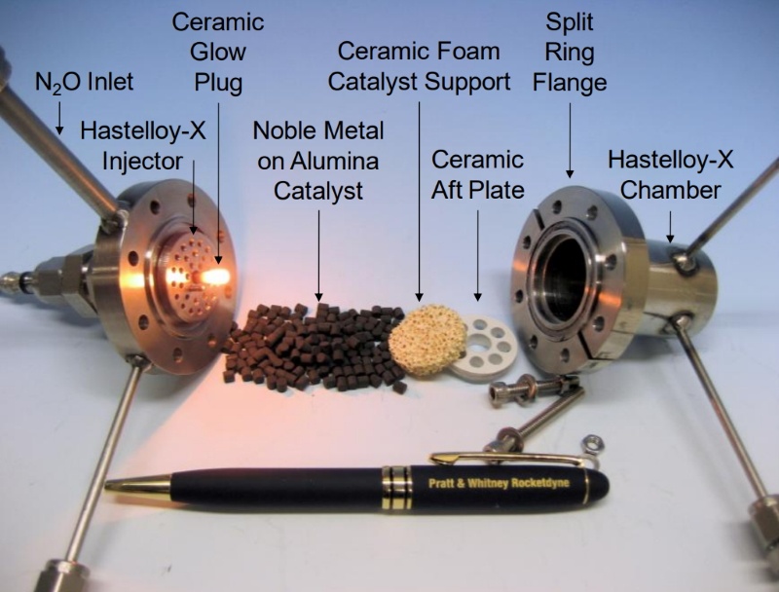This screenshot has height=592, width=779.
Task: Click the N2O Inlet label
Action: [84, 82]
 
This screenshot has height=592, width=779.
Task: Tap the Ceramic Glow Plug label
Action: [218, 53]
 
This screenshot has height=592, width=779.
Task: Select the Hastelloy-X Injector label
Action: [142, 146]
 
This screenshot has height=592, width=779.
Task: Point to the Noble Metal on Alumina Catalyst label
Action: [318, 161]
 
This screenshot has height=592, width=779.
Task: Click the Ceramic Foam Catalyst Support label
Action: [419, 66]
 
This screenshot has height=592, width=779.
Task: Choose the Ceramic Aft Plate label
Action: [477, 175]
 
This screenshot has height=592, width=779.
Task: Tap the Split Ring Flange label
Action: [570, 53]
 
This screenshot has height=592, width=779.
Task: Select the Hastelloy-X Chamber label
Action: [671, 175]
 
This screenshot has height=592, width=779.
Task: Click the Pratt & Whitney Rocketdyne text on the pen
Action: [499, 483]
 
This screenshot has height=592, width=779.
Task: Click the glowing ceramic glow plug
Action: [213, 277]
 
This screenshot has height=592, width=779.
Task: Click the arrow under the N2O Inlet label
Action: [59, 118]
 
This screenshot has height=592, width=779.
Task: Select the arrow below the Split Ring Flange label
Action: [570, 140]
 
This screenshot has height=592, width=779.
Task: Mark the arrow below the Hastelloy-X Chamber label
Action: [670, 227]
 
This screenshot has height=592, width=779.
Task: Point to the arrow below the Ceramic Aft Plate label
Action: [478, 255]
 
